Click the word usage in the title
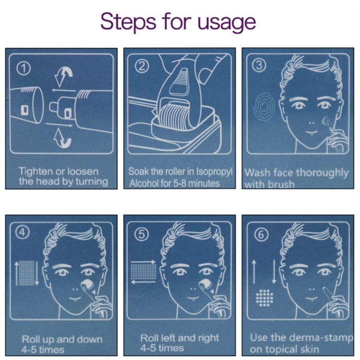[226, 22]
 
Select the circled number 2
[142, 67]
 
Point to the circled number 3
[259, 65]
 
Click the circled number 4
[22, 232]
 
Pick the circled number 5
[142, 234]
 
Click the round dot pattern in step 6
[265, 298]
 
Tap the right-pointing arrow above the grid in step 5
[143, 262]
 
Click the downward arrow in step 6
[274, 272]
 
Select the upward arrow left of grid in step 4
[17, 273]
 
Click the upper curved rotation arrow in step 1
[63, 77]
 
